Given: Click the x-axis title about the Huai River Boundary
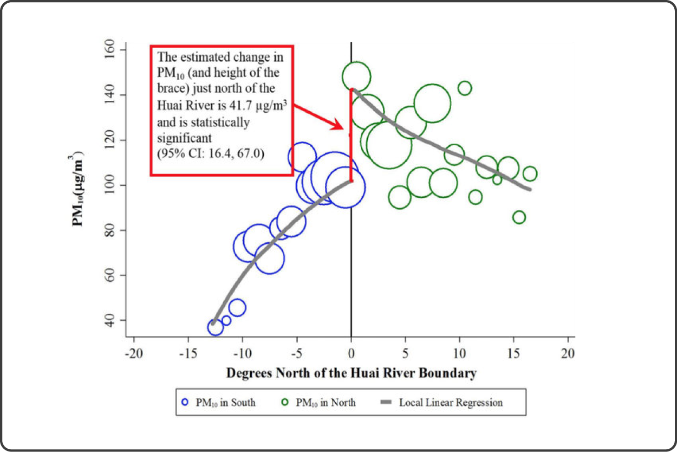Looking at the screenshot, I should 351,373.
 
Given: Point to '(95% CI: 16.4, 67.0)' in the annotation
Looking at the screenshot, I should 210,154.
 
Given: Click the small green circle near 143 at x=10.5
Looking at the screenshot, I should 465,88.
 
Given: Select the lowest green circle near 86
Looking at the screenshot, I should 519,217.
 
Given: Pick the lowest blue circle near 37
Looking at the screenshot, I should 215,327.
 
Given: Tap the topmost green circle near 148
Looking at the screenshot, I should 356,76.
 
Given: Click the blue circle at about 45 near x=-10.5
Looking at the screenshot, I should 237,308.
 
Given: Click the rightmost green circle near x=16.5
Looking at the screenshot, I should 530,174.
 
